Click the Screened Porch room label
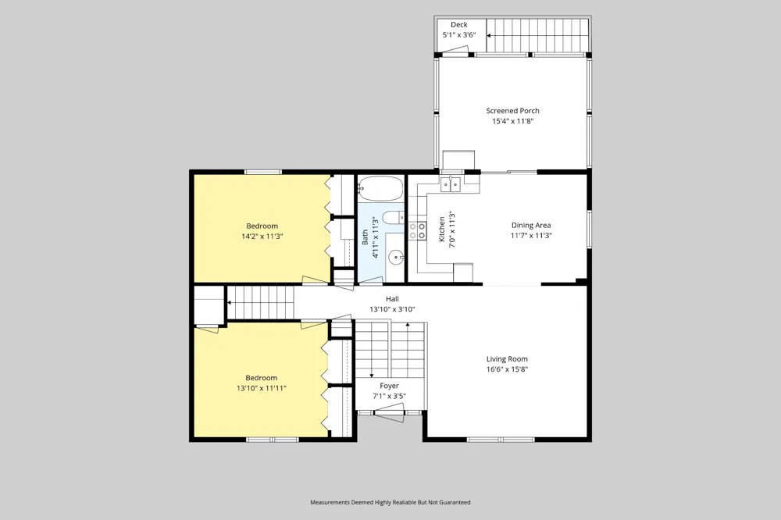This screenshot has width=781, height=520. tap(512, 111)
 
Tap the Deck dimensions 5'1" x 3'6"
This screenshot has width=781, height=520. tap(459, 35)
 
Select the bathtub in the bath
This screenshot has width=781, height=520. tap(380, 189)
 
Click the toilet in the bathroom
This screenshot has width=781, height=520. tap(394, 218)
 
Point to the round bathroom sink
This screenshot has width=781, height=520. tap(396, 258)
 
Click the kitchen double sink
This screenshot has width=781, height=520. tap(451, 185)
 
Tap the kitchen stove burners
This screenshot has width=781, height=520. tap(417, 231)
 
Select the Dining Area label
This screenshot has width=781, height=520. tap(531, 225)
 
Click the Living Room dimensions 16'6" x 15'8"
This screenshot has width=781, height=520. tap(507, 369)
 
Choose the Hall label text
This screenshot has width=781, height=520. tap(393, 299)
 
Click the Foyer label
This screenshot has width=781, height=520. tap(389, 386)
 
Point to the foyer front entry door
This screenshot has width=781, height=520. tap(389, 412)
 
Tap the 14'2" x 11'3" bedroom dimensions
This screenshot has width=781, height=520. tap(262, 236)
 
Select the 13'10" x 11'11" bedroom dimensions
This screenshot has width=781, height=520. tap(262, 388)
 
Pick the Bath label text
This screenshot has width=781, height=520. tap(365, 237)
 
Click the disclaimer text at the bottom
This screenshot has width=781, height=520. tap(390, 502)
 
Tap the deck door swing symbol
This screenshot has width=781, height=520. tap(455, 50)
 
